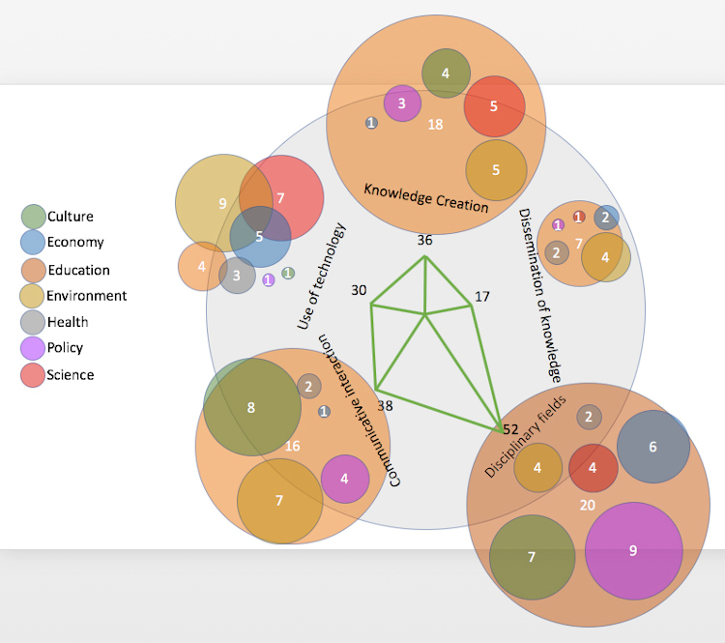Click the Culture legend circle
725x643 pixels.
pos(33,217)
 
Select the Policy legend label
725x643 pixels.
pos(65,348)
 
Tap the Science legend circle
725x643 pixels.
pos(33,374)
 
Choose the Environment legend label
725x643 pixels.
pos(87,296)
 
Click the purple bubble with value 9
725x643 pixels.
pos(633,550)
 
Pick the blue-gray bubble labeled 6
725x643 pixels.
pos(652,447)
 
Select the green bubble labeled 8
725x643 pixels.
pos(251,407)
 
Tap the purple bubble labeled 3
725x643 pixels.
pos(402,102)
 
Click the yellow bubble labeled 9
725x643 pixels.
pos(222,203)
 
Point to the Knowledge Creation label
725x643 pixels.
pos(425,197)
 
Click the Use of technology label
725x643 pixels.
pos(321,276)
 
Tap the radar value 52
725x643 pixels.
pos(511,428)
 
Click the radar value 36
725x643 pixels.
pos(424,240)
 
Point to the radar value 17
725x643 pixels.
pos(484,297)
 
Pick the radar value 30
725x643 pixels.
pos(360,290)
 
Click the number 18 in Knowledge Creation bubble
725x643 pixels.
pos(435,124)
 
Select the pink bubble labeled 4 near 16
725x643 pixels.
pos(344,478)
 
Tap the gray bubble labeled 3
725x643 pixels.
pos(237,276)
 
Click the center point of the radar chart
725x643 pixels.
pos(424,314)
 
